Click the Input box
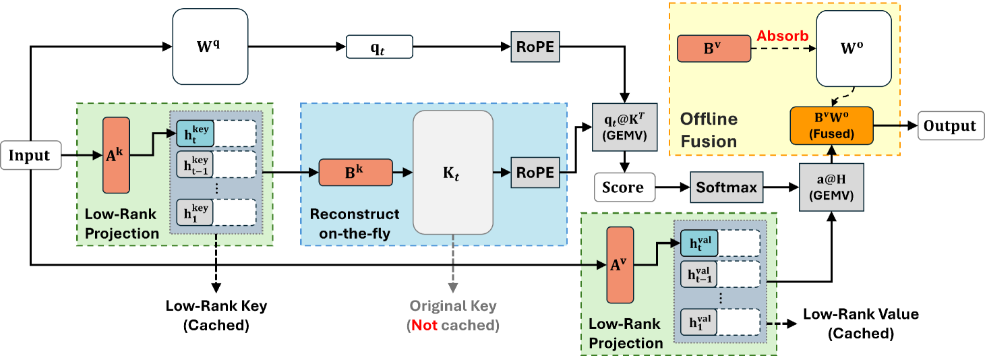tap(30, 155)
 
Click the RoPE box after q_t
tap(535, 47)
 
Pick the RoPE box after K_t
tap(535, 173)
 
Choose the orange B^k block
tap(355, 173)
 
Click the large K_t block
tap(451, 173)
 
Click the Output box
tap(949, 126)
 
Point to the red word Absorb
tap(783, 36)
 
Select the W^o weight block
tap(854, 50)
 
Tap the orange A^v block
tap(620, 265)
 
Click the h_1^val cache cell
tap(699, 320)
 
